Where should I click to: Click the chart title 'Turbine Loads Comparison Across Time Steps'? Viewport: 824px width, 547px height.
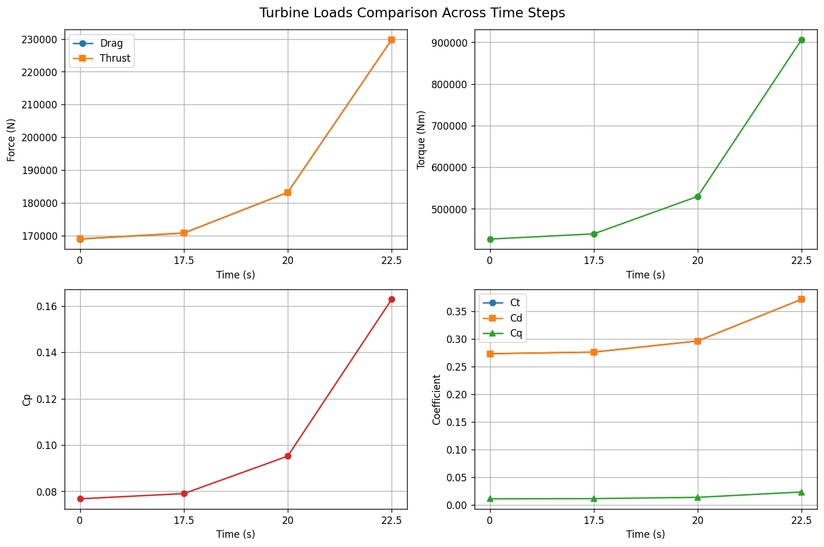[x=412, y=13]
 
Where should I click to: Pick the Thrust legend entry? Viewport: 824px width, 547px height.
[x=101, y=58]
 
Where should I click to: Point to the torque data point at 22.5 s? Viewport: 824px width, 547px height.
[x=802, y=40]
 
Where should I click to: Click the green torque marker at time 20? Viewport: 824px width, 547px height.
[x=698, y=197]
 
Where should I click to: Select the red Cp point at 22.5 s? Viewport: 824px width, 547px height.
[x=392, y=300]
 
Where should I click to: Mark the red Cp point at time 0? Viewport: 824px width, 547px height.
[x=80, y=499]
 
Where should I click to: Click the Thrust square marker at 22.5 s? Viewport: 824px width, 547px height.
[x=392, y=40]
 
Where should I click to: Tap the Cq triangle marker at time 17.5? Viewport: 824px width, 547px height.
[x=594, y=499]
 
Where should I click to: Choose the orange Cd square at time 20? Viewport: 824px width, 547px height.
[x=698, y=341]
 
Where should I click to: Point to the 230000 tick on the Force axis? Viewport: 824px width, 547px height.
[x=39, y=40]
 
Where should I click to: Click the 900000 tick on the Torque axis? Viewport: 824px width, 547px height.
[x=449, y=43]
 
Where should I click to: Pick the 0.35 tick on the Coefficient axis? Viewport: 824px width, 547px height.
[x=457, y=312]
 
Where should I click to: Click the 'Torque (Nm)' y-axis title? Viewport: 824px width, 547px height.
[x=421, y=140]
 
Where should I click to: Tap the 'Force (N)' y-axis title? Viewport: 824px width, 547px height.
[x=11, y=140]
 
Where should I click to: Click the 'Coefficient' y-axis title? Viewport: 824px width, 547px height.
[x=437, y=399]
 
